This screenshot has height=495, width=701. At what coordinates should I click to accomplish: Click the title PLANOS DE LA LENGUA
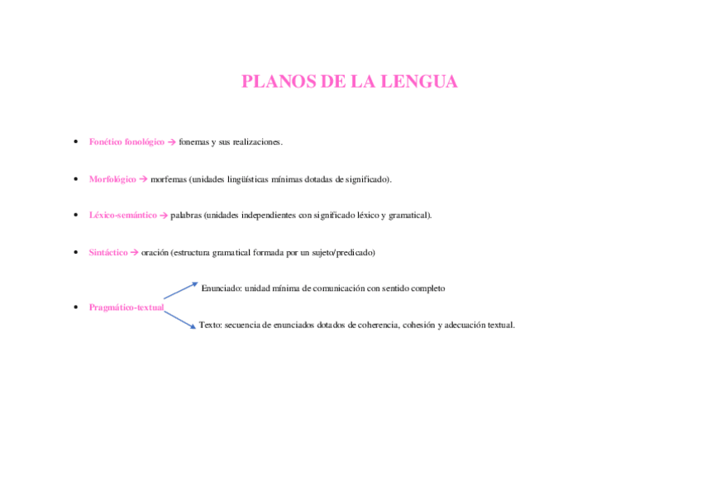tap(349, 82)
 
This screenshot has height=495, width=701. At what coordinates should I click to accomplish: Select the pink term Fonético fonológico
tap(126, 142)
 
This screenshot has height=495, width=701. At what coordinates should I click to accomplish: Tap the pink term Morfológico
tap(112, 178)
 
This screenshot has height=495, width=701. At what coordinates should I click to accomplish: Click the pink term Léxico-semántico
tap(122, 215)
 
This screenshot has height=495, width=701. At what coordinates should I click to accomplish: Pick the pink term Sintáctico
tap(108, 252)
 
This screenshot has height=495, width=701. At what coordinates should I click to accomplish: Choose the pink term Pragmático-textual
tap(126, 307)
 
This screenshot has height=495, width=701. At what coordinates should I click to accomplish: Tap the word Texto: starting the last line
tap(210, 325)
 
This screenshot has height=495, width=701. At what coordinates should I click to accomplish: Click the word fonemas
tap(193, 142)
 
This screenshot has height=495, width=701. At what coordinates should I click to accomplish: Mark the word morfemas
tap(169, 178)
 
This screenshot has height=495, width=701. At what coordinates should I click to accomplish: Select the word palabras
tap(186, 215)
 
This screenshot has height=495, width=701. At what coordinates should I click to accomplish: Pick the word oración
tap(155, 252)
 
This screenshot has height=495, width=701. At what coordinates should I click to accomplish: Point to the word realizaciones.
tap(258, 142)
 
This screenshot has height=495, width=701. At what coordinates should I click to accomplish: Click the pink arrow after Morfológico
tap(143, 178)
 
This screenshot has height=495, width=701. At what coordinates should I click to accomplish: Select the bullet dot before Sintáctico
tap(75, 252)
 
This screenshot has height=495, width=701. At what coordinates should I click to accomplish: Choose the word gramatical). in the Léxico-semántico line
tap(409, 215)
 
